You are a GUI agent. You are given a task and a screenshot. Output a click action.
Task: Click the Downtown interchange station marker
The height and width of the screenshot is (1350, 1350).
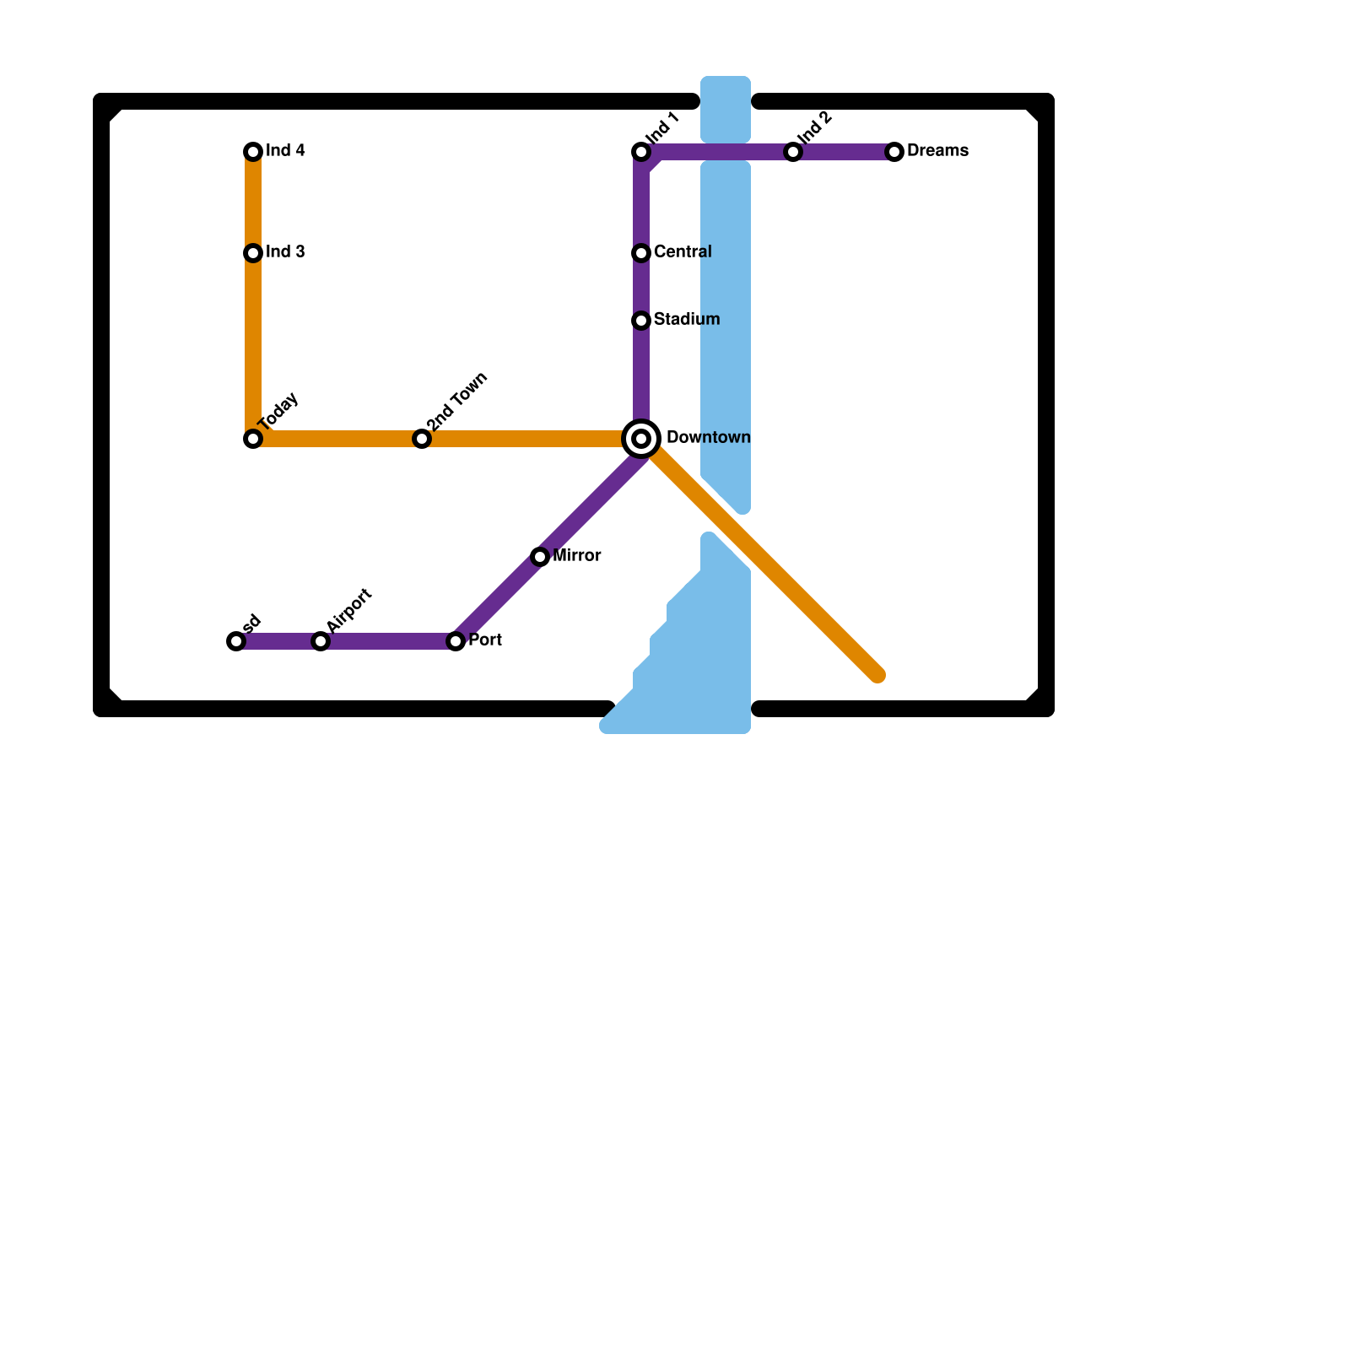(x=641, y=439)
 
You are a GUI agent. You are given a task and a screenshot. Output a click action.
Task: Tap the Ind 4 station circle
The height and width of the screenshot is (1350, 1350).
(x=253, y=152)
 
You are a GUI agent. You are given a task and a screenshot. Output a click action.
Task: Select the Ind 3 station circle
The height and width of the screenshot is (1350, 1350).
(x=253, y=253)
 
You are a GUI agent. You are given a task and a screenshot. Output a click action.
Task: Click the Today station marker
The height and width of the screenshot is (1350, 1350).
(x=253, y=439)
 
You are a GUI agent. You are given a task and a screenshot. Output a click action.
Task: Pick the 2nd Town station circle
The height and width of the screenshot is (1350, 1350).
(x=422, y=439)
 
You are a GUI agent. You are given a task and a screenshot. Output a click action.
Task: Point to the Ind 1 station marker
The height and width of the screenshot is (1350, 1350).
(x=641, y=152)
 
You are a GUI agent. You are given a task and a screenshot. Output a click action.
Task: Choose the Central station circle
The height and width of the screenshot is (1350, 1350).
(x=641, y=253)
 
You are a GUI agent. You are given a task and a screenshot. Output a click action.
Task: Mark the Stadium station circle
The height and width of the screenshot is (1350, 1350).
(x=641, y=321)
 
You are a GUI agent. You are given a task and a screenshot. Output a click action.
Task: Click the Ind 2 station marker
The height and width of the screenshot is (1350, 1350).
(x=793, y=152)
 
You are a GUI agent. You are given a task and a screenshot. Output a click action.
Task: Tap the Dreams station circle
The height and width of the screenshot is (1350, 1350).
(x=894, y=152)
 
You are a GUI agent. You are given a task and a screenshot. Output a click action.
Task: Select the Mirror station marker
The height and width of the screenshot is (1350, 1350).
(x=540, y=557)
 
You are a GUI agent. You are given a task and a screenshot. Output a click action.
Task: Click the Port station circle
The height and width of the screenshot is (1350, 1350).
(x=456, y=641)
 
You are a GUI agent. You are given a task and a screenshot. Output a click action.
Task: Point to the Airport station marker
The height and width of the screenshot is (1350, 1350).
(x=321, y=641)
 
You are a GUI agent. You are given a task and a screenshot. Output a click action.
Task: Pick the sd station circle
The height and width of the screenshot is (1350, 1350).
(x=236, y=641)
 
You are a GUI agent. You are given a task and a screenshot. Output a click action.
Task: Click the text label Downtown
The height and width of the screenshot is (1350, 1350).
(x=708, y=438)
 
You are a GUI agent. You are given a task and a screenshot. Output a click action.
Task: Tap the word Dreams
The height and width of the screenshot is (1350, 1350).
(x=937, y=151)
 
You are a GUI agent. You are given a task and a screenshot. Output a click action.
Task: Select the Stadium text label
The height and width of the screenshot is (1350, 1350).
(x=686, y=320)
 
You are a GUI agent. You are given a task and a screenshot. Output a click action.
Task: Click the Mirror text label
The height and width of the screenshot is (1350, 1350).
(x=576, y=556)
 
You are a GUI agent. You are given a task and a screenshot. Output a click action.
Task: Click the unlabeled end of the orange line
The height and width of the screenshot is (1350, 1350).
(x=877, y=675)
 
